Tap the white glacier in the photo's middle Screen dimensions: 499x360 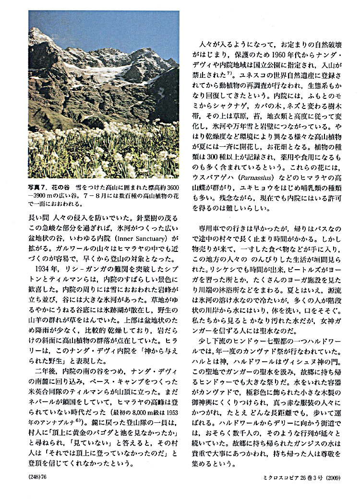[x=96, y=72]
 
